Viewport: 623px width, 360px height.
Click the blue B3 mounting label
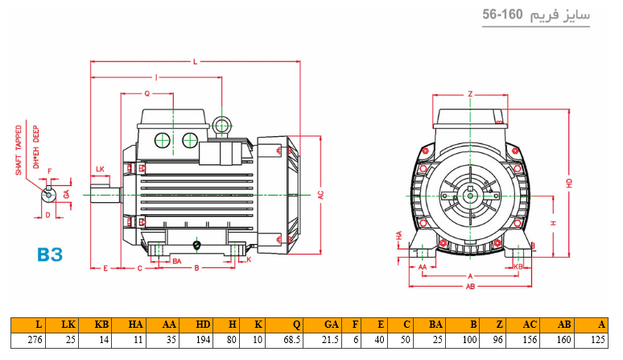coord(50,254)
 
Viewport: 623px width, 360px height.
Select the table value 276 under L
coord(33,340)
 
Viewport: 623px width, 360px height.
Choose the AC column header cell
coord(529,325)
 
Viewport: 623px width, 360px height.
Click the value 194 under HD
coord(203,340)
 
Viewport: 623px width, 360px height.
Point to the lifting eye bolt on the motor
coord(222,125)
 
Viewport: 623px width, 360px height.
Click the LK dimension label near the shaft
coord(100,168)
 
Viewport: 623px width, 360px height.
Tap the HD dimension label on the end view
coord(569,184)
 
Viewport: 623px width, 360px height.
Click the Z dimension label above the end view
coord(470,93)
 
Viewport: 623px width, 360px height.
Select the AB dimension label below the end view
coord(470,285)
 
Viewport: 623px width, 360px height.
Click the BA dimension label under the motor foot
coord(176,261)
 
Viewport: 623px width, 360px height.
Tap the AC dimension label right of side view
coord(320,196)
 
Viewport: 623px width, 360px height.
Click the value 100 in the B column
coord(468,340)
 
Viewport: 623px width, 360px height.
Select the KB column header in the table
coord(101,325)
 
